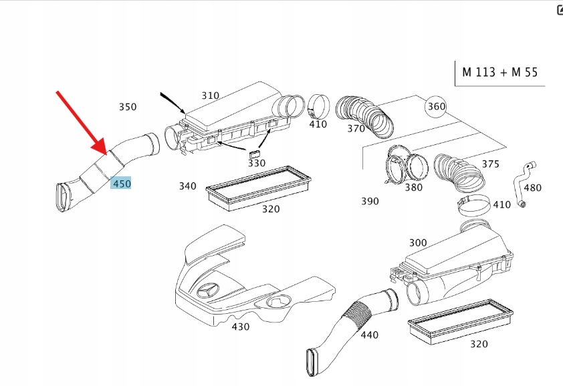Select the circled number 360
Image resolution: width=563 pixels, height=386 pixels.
click(x=436, y=106)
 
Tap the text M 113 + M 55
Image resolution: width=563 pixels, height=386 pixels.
click(x=499, y=72)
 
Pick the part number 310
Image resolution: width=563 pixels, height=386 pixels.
click(x=210, y=95)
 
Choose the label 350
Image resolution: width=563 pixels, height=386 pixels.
click(x=127, y=107)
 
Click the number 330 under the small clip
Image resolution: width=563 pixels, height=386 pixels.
click(x=257, y=163)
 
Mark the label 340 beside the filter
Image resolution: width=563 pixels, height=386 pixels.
click(x=187, y=186)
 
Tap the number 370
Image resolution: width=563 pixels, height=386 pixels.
click(x=356, y=128)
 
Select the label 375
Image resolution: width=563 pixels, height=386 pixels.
click(x=490, y=164)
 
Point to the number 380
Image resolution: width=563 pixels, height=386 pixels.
click(x=414, y=188)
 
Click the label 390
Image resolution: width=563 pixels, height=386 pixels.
click(x=370, y=201)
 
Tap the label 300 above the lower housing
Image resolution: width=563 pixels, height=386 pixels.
click(x=418, y=243)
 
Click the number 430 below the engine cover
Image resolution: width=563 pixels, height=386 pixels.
click(x=240, y=327)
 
